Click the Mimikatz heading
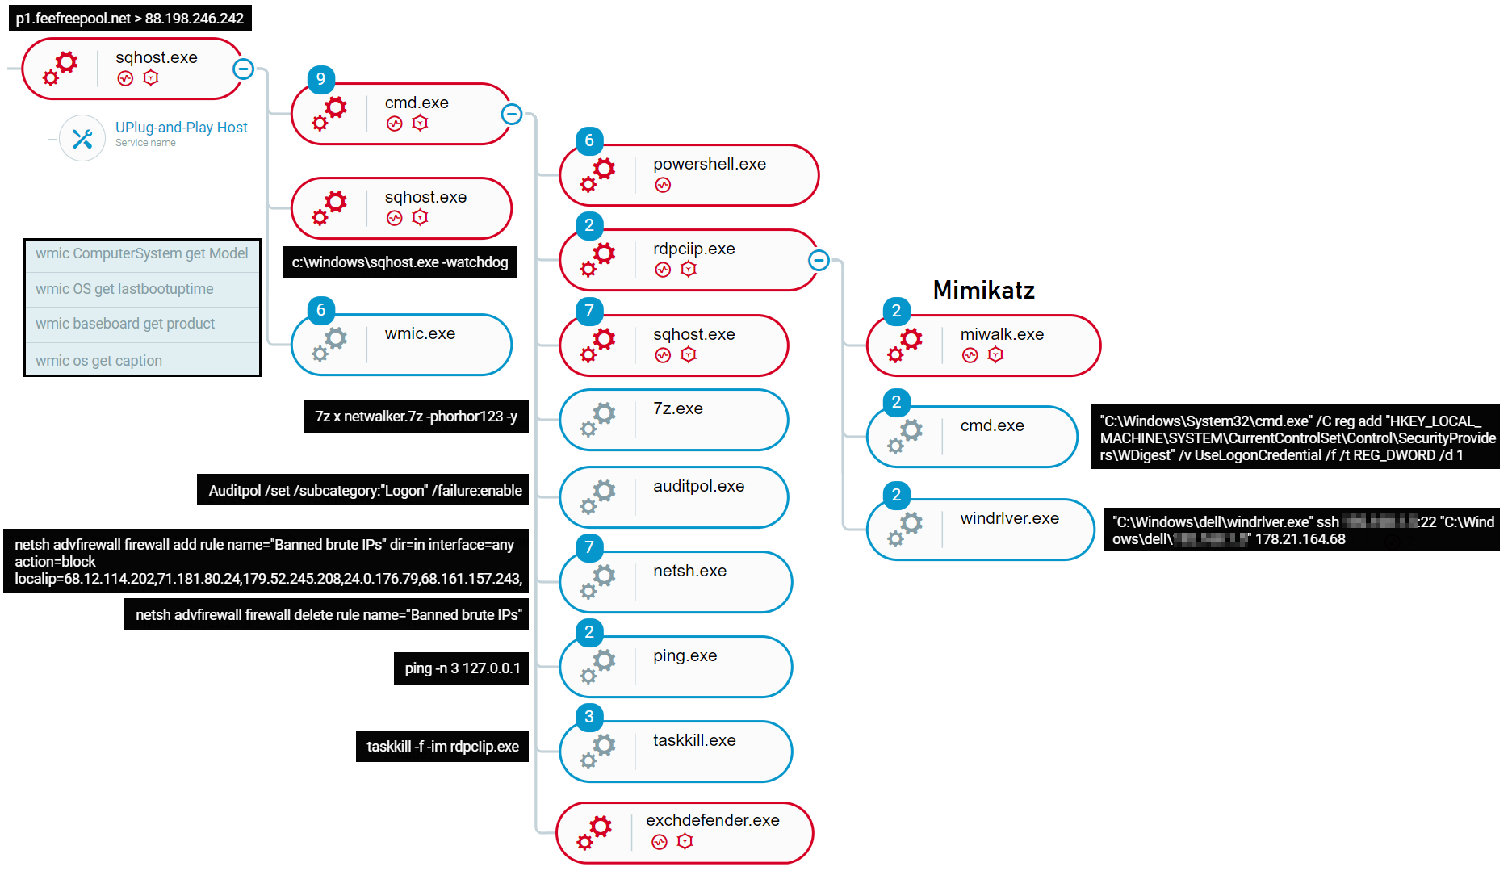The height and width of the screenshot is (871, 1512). click(x=983, y=290)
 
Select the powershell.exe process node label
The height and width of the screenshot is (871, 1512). click(x=709, y=164)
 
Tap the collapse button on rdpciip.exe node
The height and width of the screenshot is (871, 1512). click(x=819, y=260)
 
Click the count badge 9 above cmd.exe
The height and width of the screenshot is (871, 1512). click(x=320, y=79)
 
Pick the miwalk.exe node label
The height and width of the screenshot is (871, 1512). click(x=1001, y=334)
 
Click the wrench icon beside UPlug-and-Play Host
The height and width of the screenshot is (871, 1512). click(x=82, y=138)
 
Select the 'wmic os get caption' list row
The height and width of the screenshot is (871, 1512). click(x=98, y=361)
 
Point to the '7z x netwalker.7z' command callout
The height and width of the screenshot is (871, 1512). click(x=416, y=417)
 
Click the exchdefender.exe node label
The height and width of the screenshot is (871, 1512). click(x=712, y=820)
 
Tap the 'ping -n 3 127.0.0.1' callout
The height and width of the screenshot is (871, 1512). click(x=462, y=668)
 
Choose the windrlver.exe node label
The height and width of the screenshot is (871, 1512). click(x=1009, y=518)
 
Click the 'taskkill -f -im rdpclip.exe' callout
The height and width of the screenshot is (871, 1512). click(x=442, y=747)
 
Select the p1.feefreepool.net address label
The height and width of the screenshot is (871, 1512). click(x=129, y=18)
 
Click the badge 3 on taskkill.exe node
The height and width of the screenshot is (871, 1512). click(x=589, y=717)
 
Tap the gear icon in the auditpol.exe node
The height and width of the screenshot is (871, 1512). click(x=598, y=496)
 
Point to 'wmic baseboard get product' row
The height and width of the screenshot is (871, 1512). click(x=125, y=324)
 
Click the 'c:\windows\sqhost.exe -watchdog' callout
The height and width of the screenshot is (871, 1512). click(x=400, y=262)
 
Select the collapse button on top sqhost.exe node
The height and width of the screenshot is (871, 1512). click(x=243, y=69)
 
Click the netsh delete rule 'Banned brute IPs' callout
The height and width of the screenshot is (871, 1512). click(x=327, y=615)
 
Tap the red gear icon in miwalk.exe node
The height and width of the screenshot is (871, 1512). click(x=905, y=345)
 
